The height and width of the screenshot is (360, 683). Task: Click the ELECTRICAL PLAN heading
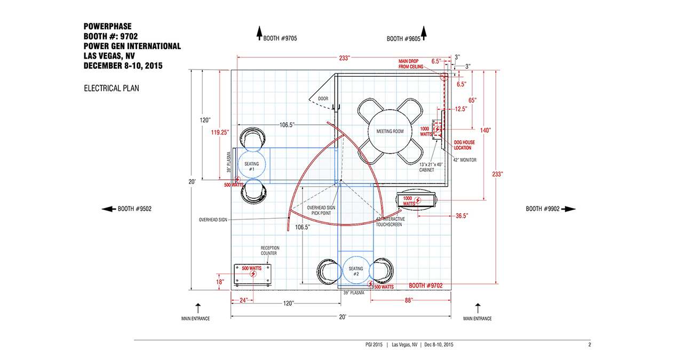(112, 89)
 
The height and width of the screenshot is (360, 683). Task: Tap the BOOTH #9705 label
(280, 38)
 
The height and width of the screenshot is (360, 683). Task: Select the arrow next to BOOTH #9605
(424, 33)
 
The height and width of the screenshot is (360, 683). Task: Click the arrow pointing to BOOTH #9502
(108, 209)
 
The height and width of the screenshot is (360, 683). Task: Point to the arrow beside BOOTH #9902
(568, 209)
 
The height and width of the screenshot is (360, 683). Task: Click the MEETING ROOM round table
(390, 131)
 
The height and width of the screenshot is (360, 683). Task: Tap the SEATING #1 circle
(251, 165)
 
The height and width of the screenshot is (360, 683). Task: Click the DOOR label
(323, 99)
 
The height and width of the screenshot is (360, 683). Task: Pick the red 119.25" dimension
(219, 133)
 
